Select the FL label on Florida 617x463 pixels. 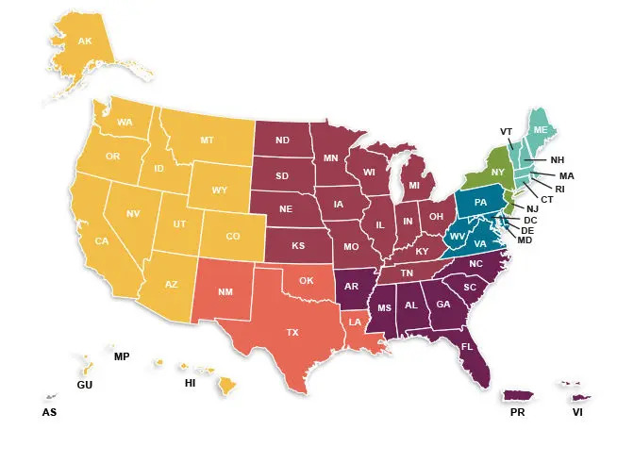[467, 347]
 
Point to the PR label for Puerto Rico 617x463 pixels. [518, 412]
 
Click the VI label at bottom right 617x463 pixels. [578, 412]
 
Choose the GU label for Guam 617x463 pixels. [84, 387]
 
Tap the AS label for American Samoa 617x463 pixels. [49, 412]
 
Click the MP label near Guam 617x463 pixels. [121, 357]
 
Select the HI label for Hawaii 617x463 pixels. [190, 385]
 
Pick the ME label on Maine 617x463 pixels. [540, 129]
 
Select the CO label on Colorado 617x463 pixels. [232, 236]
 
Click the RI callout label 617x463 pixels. [559, 189]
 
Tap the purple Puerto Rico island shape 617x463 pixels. [517, 395]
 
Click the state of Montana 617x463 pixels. [206, 141]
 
